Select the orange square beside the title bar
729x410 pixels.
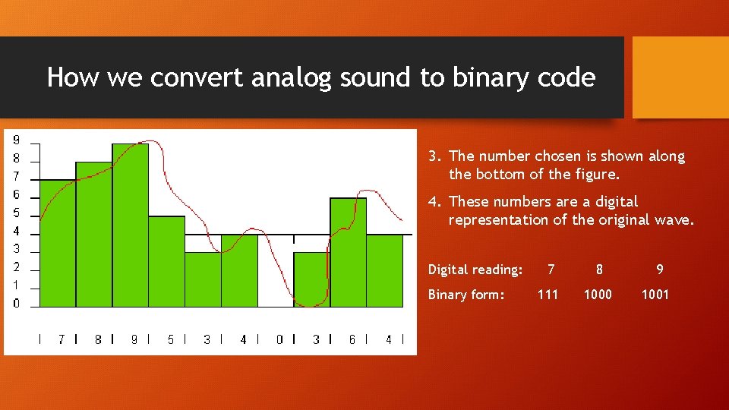pyautogui.click(x=680, y=77)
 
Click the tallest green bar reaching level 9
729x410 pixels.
pyautogui.click(x=130, y=225)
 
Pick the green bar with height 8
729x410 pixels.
pyautogui.click(x=93, y=234)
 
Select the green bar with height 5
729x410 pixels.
pyautogui.click(x=166, y=261)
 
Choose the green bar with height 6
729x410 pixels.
pyautogui.click(x=348, y=252)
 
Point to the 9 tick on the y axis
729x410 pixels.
pyautogui.click(x=17, y=140)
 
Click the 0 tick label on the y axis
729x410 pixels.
pyautogui.click(x=17, y=304)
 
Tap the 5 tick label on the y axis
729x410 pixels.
pyautogui.click(x=17, y=213)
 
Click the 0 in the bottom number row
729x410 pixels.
pyautogui.click(x=279, y=339)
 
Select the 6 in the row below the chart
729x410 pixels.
pyautogui.click(x=352, y=339)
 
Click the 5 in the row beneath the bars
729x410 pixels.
pyautogui.click(x=170, y=339)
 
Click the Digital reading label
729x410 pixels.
pyautogui.click(x=475, y=270)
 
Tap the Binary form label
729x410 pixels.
pyautogui.click(x=466, y=295)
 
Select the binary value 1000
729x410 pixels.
pyautogui.click(x=598, y=295)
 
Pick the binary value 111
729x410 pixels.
pyautogui.click(x=548, y=295)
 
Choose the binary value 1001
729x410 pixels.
pyautogui.click(x=655, y=295)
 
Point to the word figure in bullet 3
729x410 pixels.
pyautogui.click(x=598, y=175)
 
